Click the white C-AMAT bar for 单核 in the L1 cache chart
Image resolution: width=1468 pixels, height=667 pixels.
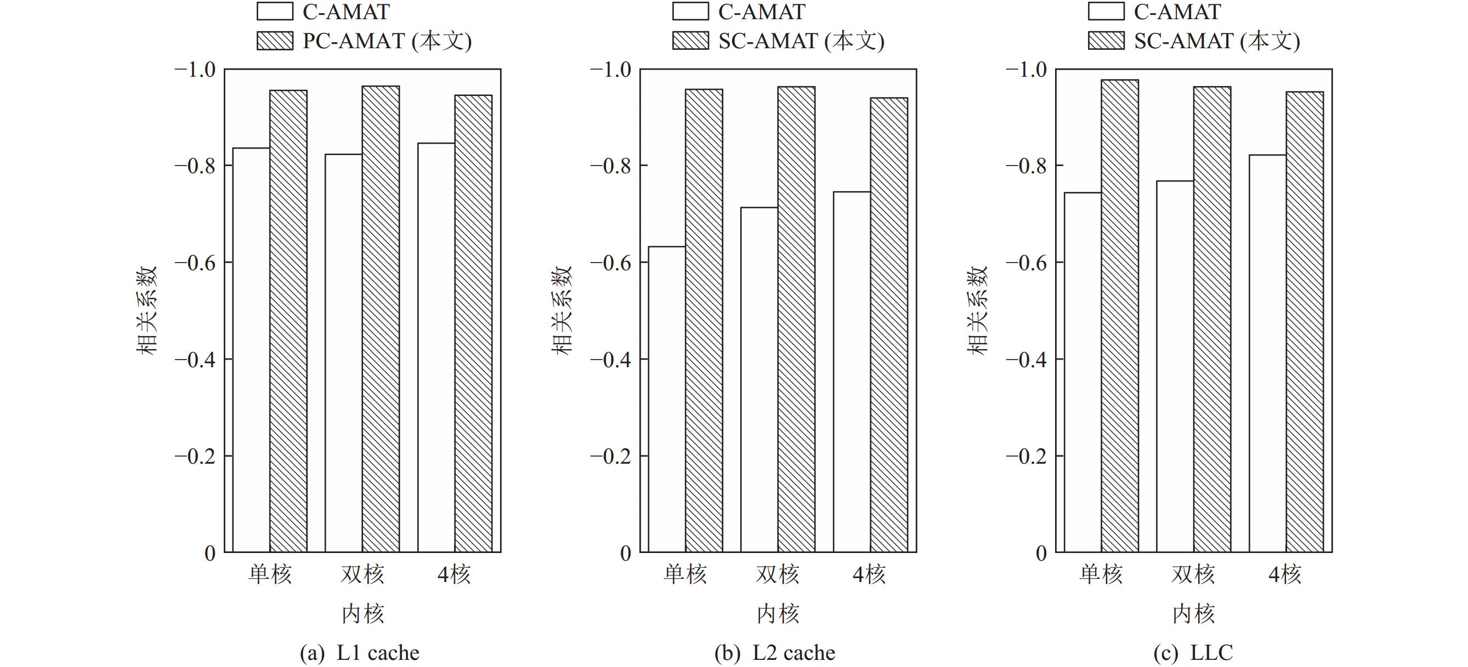(251, 350)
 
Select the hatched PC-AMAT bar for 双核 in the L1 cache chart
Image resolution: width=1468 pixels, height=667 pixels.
(381, 319)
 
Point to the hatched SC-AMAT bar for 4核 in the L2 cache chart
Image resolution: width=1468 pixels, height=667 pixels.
(889, 324)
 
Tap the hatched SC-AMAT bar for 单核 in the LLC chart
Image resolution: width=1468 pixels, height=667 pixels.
(1120, 316)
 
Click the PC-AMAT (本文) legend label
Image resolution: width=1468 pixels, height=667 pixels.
(387, 41)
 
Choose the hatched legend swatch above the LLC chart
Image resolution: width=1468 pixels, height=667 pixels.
(1106, 41)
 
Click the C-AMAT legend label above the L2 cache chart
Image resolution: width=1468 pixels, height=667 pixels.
(761, 12)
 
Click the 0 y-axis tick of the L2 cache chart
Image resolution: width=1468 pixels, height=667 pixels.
(625, 553)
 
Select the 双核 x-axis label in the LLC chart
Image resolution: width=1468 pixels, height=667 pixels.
(1193, 574)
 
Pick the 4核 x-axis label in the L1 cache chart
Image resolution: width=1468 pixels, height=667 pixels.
(454, 574)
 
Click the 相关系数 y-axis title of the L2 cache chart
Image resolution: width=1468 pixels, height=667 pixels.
(562, 310)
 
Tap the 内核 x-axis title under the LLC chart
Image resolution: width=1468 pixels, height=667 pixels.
(1193, 614)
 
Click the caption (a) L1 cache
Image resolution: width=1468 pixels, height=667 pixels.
(360, 653)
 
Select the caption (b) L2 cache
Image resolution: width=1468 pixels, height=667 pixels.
(775, 653)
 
